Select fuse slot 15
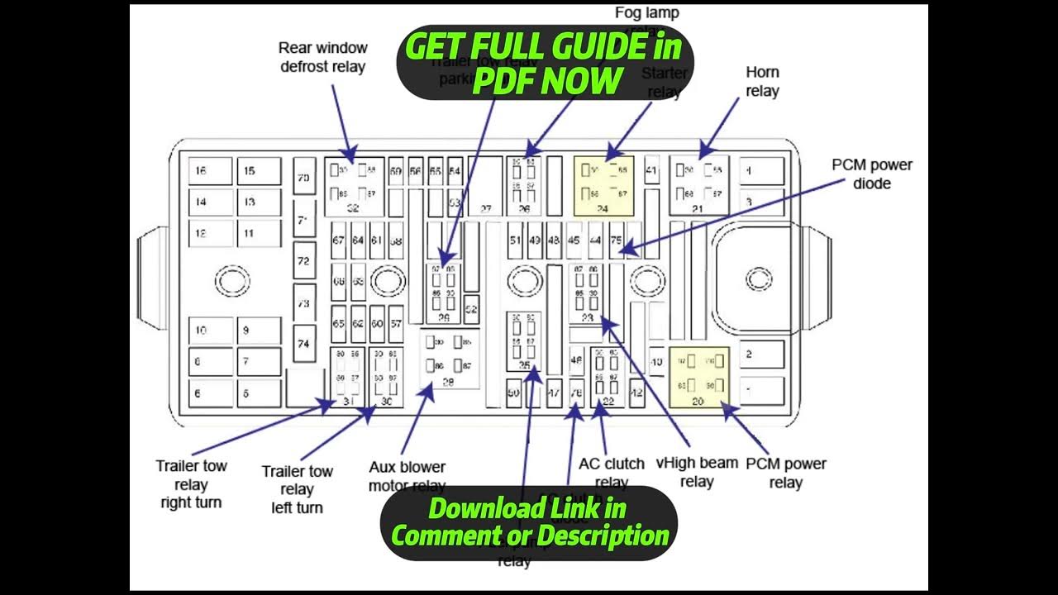tap(259, 171)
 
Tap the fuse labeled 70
tap(304, 177)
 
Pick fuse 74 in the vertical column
tap(304, 344)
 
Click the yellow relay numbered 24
tap(603, 186)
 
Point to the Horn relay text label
tap(762, 82)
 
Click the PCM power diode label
tap(871, 174)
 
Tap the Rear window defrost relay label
tap(322, 57)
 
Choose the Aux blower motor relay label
tap(407, 477)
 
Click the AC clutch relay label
tap(611, 473)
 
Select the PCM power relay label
tap(785, 473)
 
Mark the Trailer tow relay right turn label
tap(191, 483)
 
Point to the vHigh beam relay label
tap(696, 472)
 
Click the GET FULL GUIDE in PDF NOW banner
tap(545, 64)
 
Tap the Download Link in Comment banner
tap(529, 521)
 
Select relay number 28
tap(450, 359)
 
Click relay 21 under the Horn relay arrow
tap(698, 186)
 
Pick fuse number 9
tap(259, 331)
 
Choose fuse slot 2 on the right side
tap(760, 355)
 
